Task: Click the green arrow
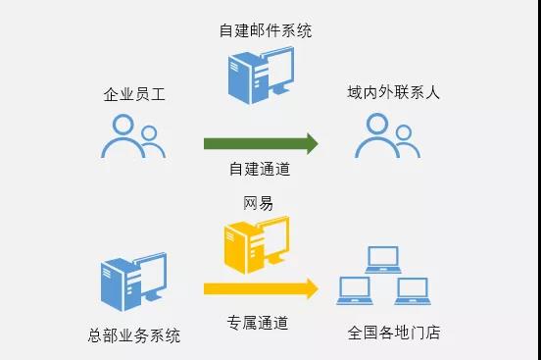point(261,143)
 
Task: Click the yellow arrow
point(261,288)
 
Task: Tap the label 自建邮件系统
point(266,30)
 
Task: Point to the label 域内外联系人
point(393,93)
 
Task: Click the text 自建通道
point(260,169)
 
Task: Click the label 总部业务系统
point(134,334)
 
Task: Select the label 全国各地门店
point(394,332)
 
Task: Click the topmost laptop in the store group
point(382,260)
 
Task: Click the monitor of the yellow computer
point(273,237)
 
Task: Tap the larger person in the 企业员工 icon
point(123,136)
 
